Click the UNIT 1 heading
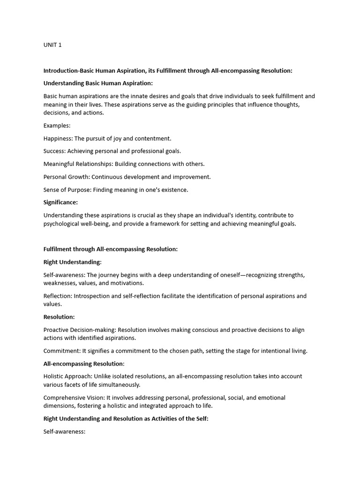[52, 45]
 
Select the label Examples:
[57, 126]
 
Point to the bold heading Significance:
[60, 202]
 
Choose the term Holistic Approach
[67, 376]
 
